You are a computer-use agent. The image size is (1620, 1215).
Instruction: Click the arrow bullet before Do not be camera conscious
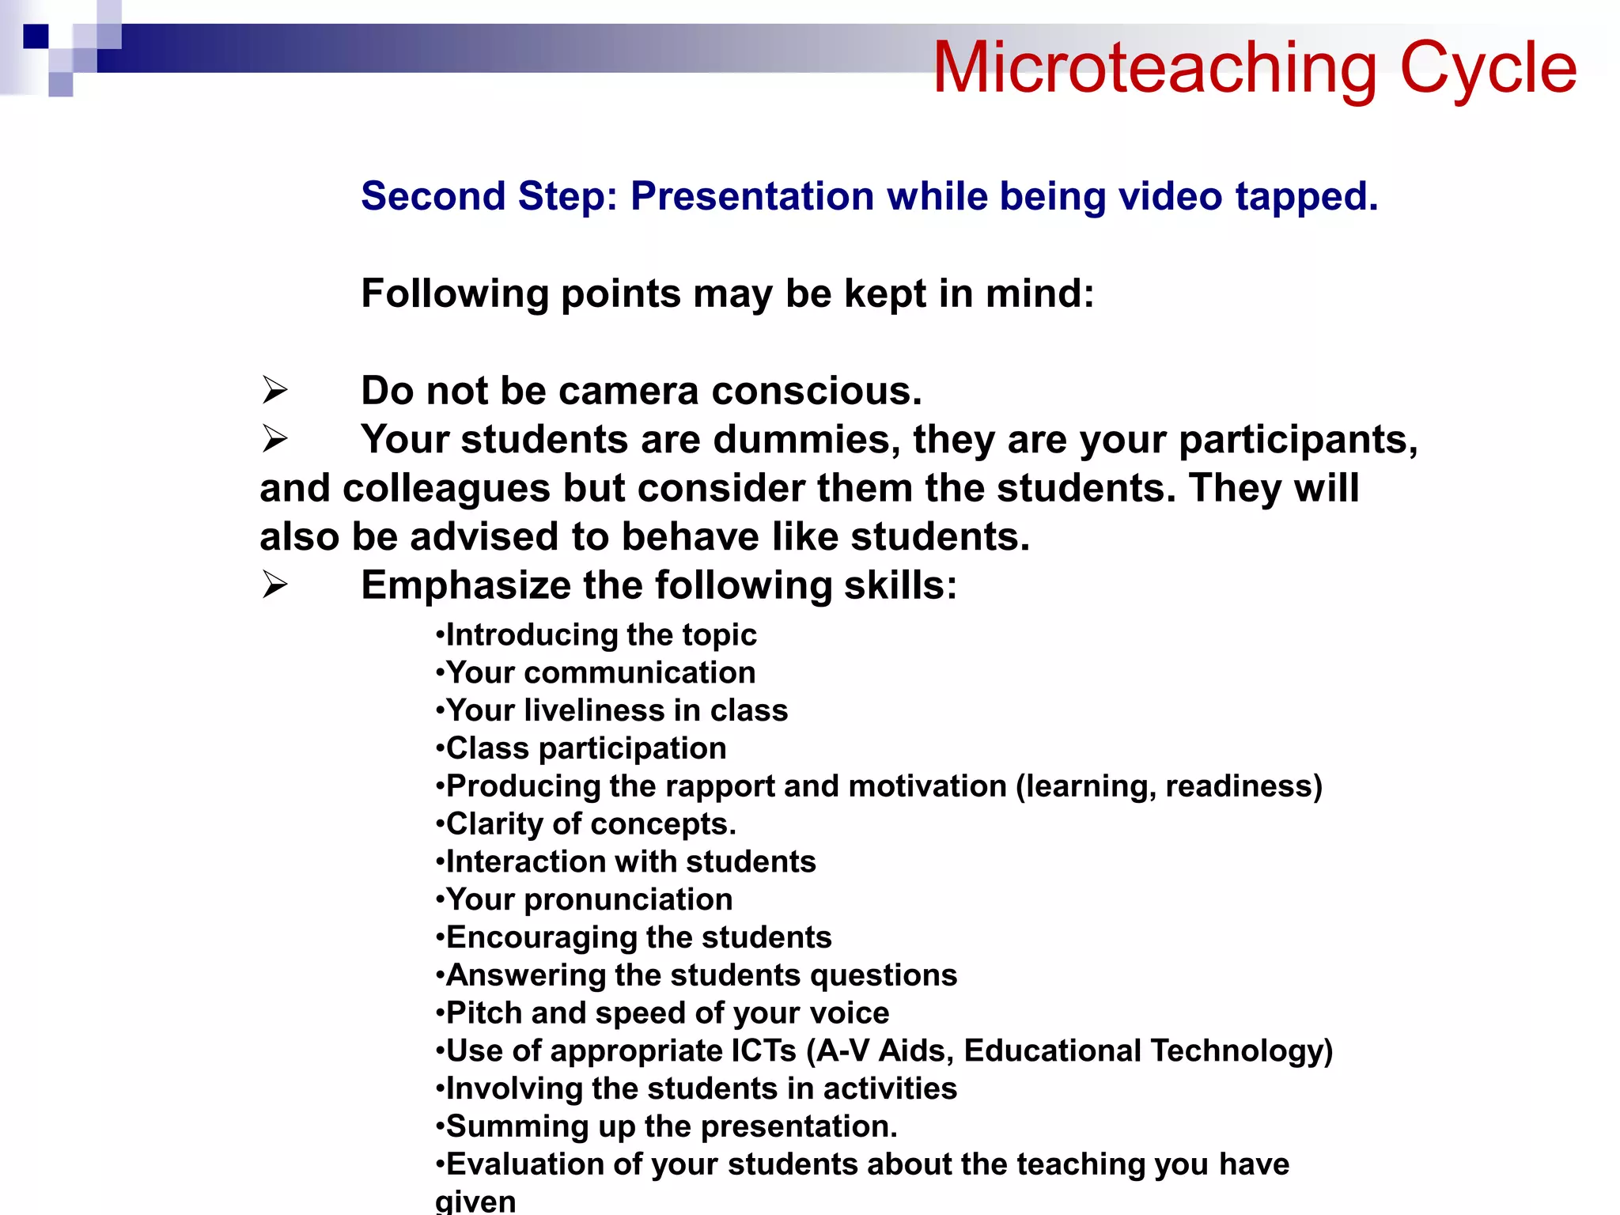click(274, 391)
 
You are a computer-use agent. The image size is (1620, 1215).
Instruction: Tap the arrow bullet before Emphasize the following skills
click(274, 585)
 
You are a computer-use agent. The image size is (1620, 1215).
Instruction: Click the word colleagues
click(446, 488)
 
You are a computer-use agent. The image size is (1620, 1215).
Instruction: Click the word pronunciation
click(628, 900)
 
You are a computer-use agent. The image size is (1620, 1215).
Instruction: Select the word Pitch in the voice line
click(483, 1013)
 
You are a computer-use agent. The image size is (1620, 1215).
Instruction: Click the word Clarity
click(494, 824)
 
